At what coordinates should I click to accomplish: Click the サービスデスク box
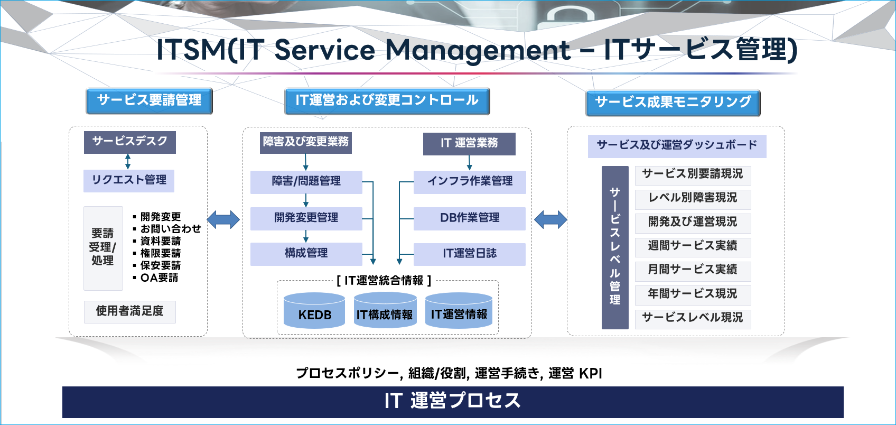tap(129, 142)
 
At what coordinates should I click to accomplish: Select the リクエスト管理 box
tap(129, 180)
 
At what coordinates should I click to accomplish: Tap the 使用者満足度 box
tap(129, 312)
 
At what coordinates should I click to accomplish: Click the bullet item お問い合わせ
tap(167, 228)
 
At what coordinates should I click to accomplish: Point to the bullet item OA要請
tap(156, 278)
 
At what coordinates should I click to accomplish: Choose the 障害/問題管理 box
tap(306, 182)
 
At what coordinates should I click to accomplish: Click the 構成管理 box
tap(306, 254)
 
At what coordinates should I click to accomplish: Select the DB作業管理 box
tap(470, 218)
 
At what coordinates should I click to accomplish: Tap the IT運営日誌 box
tap(470, 254)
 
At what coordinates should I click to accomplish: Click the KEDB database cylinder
tap(314, 310)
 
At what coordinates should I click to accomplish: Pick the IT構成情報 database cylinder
tap(385, 310)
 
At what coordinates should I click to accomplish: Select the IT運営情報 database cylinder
tap(459, 310)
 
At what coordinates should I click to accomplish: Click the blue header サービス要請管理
tap(149, 101)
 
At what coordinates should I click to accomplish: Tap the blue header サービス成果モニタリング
tap(673, 103)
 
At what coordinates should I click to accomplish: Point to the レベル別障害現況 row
tap(693, 199)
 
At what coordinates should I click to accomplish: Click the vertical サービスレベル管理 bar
tap(615, 247)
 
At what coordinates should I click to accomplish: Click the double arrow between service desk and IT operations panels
tap(223, 220)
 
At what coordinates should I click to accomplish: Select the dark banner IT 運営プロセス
tap(453, 402)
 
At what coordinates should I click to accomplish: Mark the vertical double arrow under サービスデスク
tap(128, 162)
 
